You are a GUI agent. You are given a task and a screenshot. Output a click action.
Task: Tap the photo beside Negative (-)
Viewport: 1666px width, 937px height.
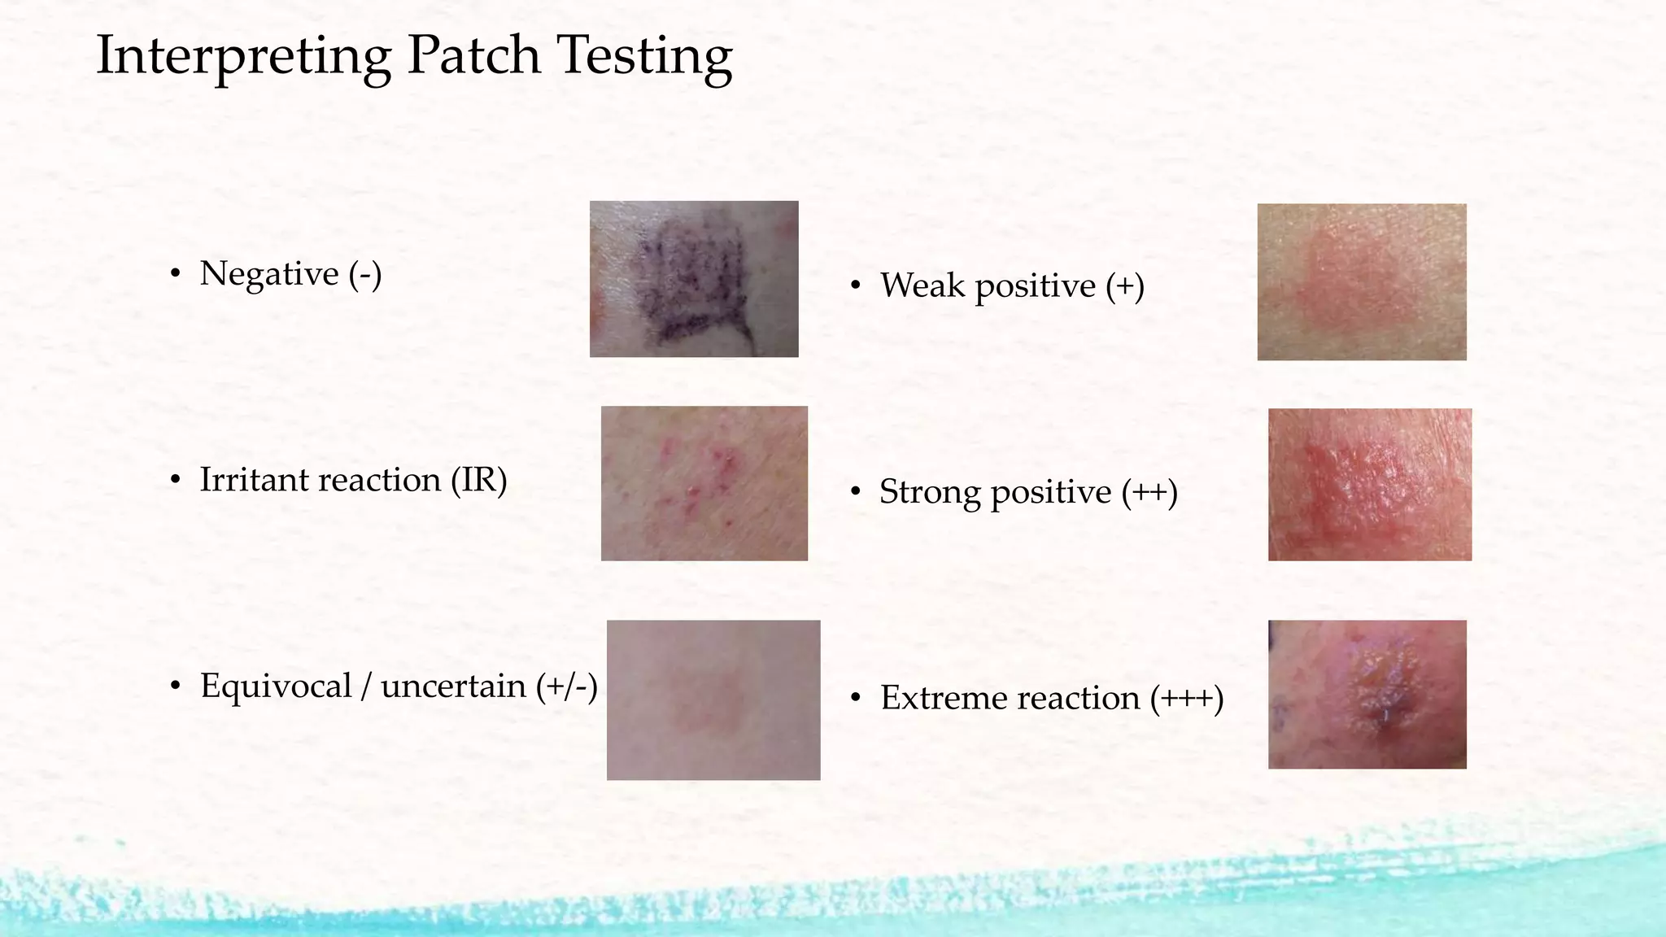(x=694, y=279)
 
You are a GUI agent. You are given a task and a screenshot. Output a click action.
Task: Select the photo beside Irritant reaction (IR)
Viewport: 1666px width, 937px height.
(x=704, y=483)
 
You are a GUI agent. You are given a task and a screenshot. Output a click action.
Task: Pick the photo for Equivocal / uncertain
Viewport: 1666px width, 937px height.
(x=713, y=699)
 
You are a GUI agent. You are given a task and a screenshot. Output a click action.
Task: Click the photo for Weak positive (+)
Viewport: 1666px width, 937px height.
(x=1362, y=282)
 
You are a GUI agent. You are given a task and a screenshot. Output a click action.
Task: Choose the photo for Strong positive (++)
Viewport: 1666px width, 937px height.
(x=1370, y=484)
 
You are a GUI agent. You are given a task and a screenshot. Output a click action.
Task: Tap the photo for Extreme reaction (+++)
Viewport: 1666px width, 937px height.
(x=1367, y=694)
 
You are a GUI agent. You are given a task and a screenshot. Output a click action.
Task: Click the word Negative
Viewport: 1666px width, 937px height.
(x=268, y=273)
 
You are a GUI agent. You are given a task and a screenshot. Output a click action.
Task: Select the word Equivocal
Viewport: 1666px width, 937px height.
(x=276, y=686)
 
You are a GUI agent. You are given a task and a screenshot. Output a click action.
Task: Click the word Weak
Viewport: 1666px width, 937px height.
(x=922, y=285)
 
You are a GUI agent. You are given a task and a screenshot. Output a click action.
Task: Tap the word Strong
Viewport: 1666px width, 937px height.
(x=930, y=492)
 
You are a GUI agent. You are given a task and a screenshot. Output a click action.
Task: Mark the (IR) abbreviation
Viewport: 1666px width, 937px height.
(x=479, y=479)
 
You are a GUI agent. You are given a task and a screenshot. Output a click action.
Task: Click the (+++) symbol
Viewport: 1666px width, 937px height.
(x=1187, y=698)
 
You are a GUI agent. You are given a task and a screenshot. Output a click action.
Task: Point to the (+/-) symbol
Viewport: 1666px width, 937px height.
(x=567, y=686)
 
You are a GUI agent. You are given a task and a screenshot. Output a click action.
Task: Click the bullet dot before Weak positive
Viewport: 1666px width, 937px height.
(x=855, y=286)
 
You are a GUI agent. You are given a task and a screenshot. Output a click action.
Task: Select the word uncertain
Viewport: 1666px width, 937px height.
(x=453, y=686)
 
